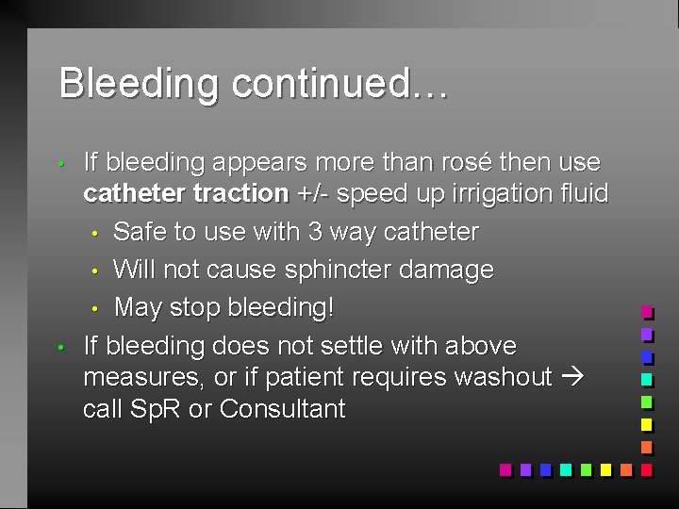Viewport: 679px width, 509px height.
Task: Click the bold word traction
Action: (x=243, y=194)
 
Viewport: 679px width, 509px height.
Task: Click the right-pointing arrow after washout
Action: (x=571, y=378)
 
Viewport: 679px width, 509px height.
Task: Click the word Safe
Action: (x=141, y=232)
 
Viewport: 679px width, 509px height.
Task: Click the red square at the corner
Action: (x=646, y=468)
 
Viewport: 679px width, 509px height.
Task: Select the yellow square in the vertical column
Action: (x=646, y=424)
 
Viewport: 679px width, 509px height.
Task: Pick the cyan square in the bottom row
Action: (x=565, y=468)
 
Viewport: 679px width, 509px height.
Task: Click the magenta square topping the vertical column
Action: (x=646, y=311)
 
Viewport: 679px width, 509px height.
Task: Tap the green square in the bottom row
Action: (x=586, y=468)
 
